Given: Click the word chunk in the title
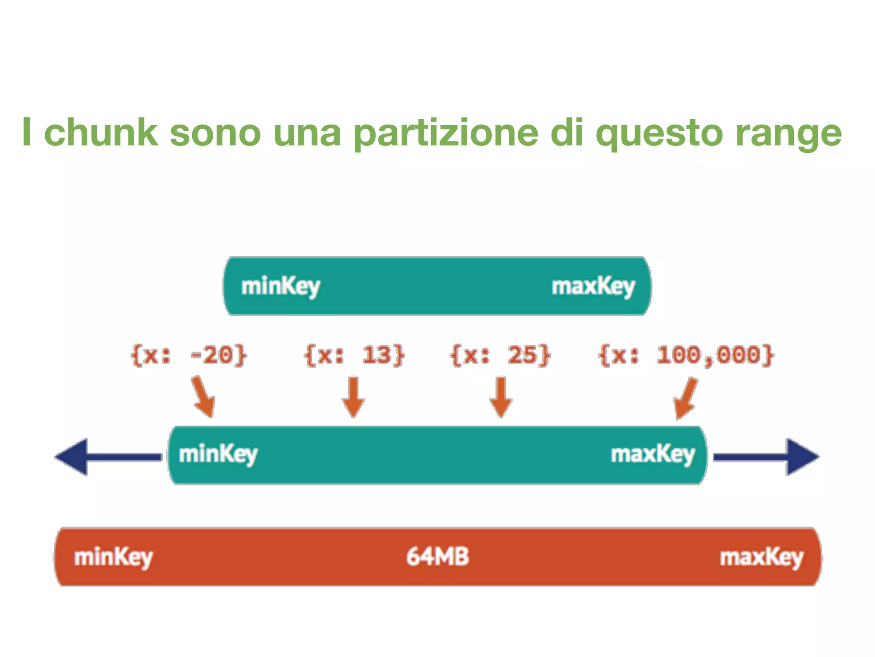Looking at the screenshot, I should click(x=101, y=133).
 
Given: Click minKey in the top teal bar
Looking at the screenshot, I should click(x=281, y=286).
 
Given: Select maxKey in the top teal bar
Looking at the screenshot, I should click(x=593, y=286).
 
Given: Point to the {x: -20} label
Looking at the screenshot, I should click(x=188, y=355).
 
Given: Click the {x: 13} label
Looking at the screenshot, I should click(x=354, y=355).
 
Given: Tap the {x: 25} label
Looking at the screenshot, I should click(x=500, y=355).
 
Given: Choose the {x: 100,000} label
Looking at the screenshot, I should click(x=686, y=355).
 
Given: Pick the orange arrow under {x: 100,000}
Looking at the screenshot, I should click(x=685, y=398).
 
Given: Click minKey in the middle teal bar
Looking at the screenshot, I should click(x=218, y=454).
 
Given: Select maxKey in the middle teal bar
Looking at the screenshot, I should click(x=653, y=454).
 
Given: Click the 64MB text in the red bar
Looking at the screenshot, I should click(x=437, y=556).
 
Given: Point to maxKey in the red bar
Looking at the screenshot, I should click(x=761, y=557).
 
